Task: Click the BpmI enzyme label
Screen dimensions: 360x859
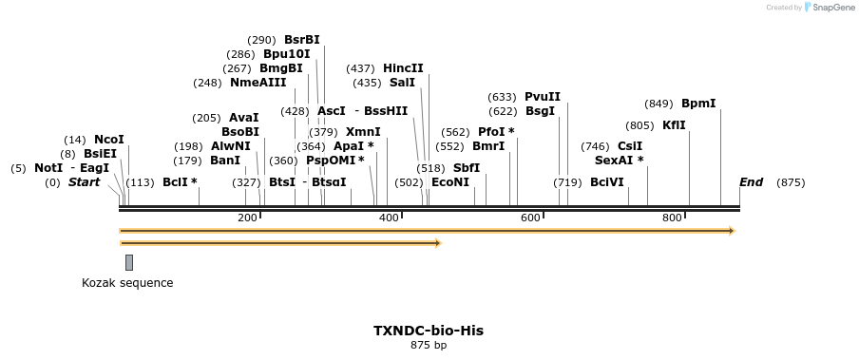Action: pyautogui.click(x=698, y=104)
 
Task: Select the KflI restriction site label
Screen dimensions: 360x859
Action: pyautogui.click(x=674, y=125)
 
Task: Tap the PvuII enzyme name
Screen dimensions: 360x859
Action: pyautogui.click(x=543, y=97)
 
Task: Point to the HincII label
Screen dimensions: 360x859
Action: pyautogui.click(x=403, y=68)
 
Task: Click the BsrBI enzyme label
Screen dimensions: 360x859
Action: pyautogui.click(x=302, y=40)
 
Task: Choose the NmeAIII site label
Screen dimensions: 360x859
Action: pyautogui.click(x=258, y=83)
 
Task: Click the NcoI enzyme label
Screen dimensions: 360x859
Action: pyautogui.click(x=109, y=140)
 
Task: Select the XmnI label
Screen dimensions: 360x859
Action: pyautogui.click(x=363, y=132)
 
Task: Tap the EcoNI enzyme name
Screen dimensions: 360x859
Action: pyautogui.click(x=450, y=182)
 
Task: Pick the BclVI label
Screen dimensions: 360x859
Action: pyautogui.click(x=607, y=182)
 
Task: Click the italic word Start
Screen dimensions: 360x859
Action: pyautogui.click(x=84, y=182)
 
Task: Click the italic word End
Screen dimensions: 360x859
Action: pyautogui.click(x=751, y=182)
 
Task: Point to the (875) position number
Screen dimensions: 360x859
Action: pyautogui.click(x=791, y=182)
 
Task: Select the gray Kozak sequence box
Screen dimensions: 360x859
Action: pyautogui.click(x=129, y=262)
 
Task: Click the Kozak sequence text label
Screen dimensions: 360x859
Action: pyautogui.click(x=127, y=283)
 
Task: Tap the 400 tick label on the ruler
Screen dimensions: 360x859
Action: pyautogui.click(x=389, y=218)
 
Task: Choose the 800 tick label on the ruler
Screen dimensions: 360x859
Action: pyautogui.click(x=672, y=218)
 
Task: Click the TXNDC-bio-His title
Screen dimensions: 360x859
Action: pyautogui.click(x=429, y=331)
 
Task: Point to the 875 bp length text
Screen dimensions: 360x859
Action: pyautogui.click(x=429, y=345)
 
